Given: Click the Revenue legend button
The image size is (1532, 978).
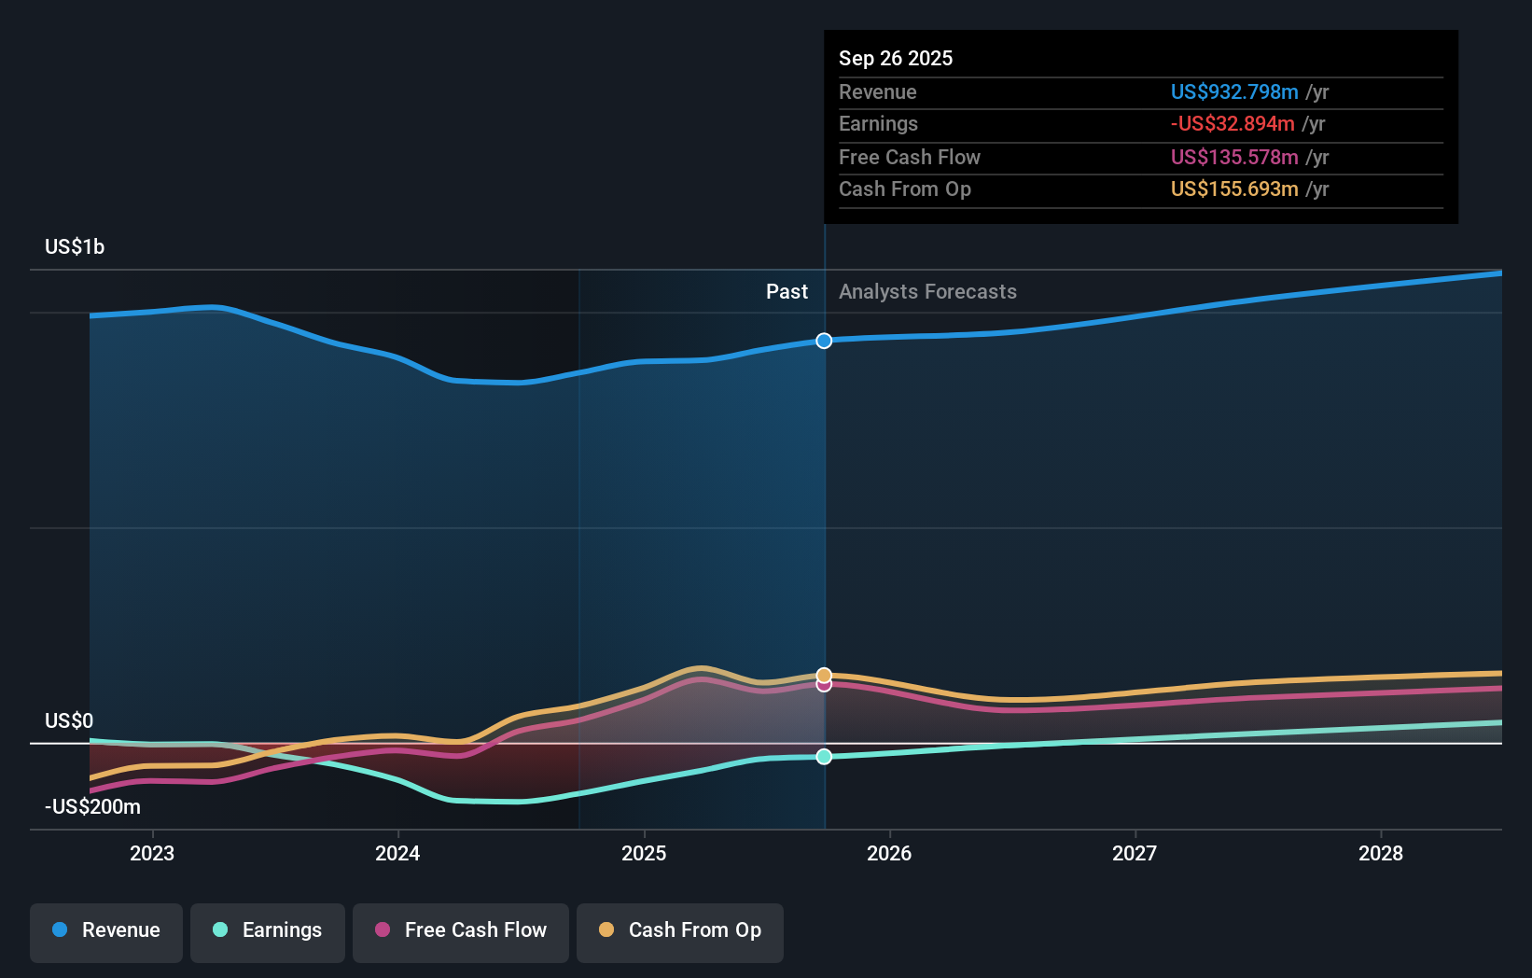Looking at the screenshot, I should pos(106,930).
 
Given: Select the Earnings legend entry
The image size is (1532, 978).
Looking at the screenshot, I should pos(268,930).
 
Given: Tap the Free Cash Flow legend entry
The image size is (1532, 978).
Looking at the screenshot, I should pos(461,930).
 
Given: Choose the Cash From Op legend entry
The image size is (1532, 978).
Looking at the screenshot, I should pos(680,930).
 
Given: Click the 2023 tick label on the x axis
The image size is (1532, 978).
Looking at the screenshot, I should pos(152,853).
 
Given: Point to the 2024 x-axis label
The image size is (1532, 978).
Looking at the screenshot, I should pos(397,853).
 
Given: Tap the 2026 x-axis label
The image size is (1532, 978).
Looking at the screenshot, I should pos(889,853).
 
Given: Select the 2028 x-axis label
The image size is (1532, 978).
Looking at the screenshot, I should pos(1381,853).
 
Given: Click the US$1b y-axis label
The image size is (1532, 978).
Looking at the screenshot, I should pos(75,246).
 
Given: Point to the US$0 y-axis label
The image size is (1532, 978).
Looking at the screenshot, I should pos(69,720).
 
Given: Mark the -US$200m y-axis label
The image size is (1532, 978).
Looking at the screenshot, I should pos(92,806).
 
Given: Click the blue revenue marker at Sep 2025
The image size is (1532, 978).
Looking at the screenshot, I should pos(824,341).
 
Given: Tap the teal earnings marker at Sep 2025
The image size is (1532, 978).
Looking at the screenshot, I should pos(824,757).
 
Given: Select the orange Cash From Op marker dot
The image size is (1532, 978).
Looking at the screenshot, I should pos(824,675).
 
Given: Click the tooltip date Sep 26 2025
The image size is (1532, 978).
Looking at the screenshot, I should pos(896,58).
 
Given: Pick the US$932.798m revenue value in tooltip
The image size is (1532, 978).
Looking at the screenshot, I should pos(1234,91).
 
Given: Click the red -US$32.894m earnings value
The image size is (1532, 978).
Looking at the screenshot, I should pos(1233,123).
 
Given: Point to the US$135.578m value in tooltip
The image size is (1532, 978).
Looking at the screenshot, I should pos(1234,157).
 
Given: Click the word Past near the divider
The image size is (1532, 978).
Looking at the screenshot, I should pos(787,291).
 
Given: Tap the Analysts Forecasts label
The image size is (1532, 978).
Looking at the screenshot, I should pos(927,291).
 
